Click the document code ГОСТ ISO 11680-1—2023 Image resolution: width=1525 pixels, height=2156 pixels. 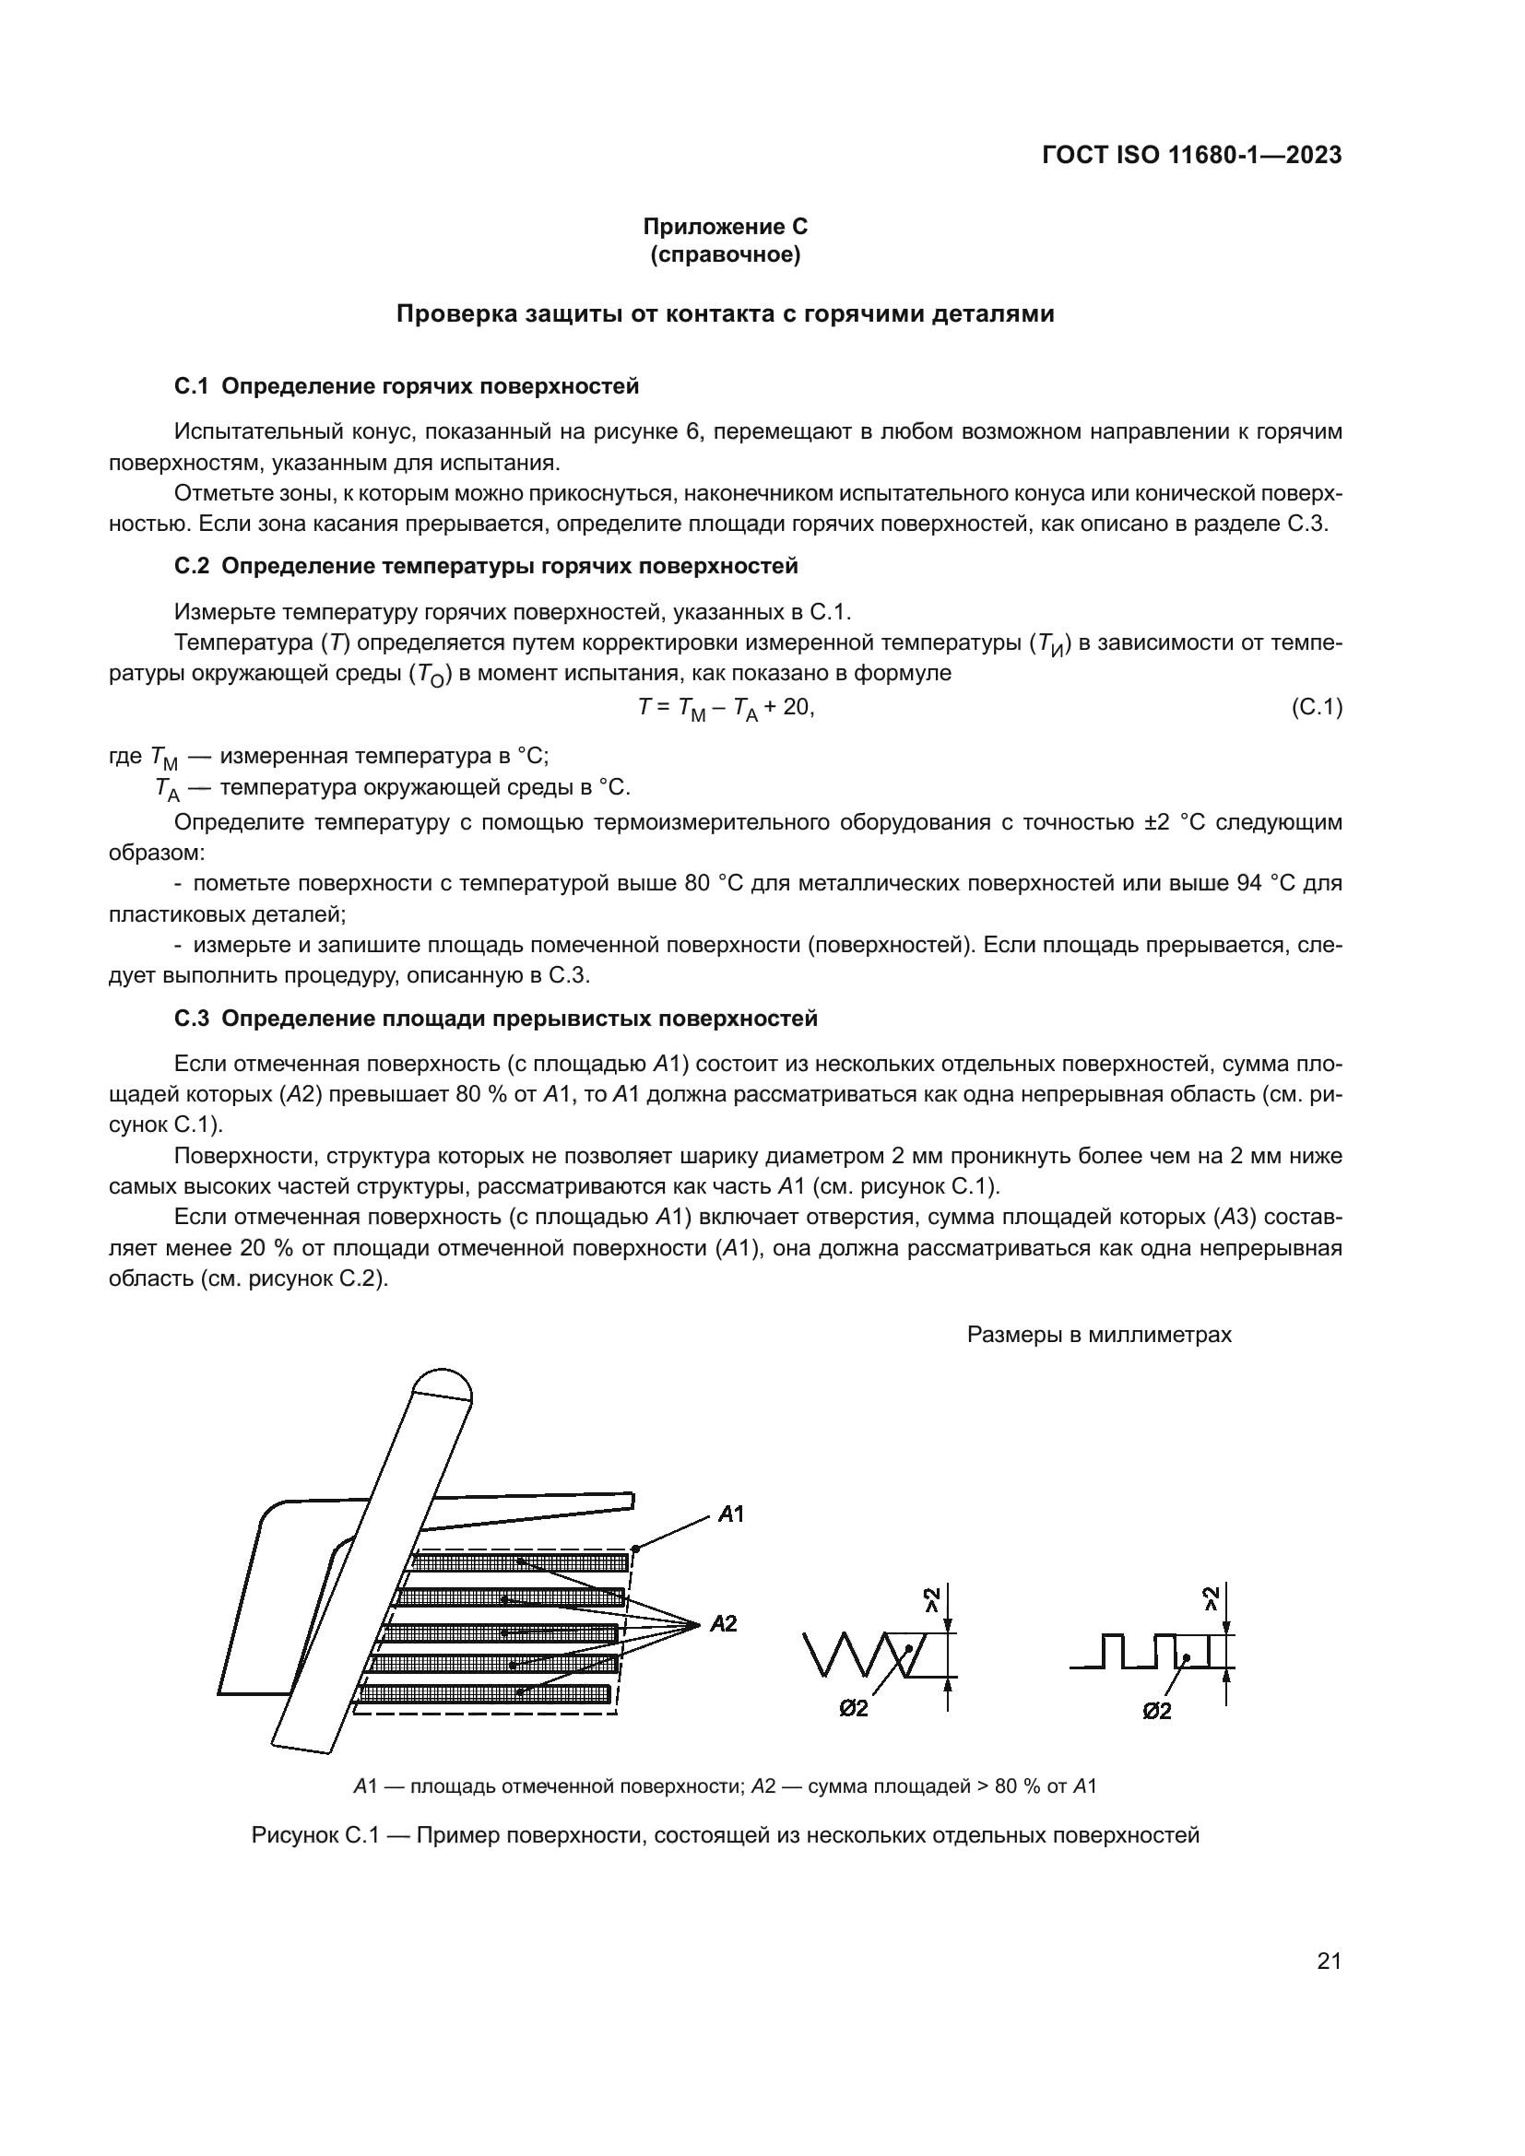(x=1190, y=156)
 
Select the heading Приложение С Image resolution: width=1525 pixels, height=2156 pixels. (x=725, y=227)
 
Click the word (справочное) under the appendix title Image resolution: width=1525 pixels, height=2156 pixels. (x=725, y=255)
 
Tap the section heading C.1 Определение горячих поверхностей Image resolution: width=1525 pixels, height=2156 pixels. (x=407, y=386)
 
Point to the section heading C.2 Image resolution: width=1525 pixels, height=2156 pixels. (x=487, y=566)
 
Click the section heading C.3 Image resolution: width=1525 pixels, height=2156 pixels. (x=496, y=1019)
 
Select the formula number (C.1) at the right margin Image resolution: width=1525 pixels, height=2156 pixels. (x=1317, y=707)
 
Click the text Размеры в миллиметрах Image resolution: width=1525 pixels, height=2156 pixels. (x=1099, y=1335)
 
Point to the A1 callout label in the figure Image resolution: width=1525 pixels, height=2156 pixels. (x=730, y=1514)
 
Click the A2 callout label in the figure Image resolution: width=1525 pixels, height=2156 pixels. (x=723, y=1622)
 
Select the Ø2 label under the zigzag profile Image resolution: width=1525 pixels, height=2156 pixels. (x=854, y=1709)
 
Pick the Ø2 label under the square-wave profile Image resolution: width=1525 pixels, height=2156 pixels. (x=1157, y=1711)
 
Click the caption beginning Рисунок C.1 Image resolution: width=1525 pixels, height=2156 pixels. (x=725, y=1835)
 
